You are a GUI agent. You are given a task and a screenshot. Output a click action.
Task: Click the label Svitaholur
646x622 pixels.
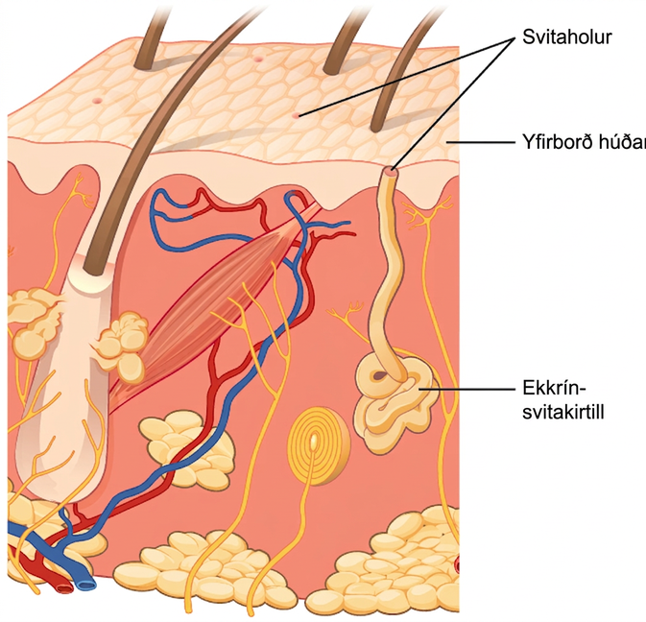(567, 37)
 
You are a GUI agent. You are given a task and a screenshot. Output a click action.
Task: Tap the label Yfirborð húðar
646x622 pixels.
(585, 142)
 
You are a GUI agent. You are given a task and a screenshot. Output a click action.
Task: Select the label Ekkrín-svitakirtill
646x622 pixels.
(563, 399)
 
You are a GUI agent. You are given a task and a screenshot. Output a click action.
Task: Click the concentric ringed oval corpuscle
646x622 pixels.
(318, 444)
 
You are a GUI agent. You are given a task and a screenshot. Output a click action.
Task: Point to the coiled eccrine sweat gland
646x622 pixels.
(395, 399)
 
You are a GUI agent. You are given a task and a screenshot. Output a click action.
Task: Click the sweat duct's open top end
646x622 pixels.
(391, 170)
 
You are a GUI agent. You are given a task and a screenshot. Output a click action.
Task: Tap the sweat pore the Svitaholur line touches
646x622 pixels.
(296, 116)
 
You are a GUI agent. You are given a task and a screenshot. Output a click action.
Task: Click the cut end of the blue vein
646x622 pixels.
(85, 585)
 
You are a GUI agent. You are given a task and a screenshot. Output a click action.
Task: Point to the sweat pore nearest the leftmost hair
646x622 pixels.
(97, 101)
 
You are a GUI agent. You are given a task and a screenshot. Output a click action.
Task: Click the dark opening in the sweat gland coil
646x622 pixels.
(378, 375)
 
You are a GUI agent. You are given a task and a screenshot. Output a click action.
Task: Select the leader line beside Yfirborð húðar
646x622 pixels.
(481, 142)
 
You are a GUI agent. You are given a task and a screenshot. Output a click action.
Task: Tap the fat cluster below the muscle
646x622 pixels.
(185, 449)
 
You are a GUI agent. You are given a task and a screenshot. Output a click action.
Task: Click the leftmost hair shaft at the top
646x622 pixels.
(156, 35)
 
